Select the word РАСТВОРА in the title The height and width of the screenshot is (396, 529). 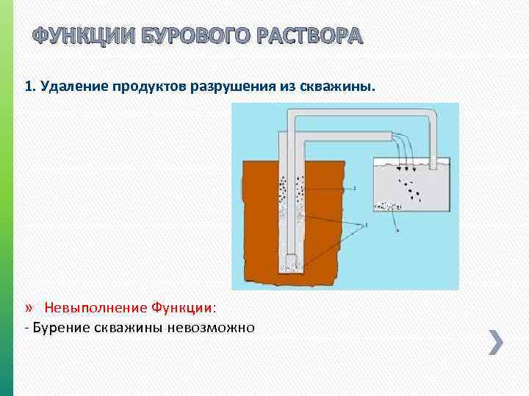coord(308,37)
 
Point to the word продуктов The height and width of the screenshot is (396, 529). coord(151,87)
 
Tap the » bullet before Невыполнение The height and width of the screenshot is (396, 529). coord(29,305)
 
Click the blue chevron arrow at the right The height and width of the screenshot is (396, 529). coord(496,342)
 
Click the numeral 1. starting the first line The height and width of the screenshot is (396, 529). coord(30,87)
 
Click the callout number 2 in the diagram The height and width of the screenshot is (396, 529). coord(355,188)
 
